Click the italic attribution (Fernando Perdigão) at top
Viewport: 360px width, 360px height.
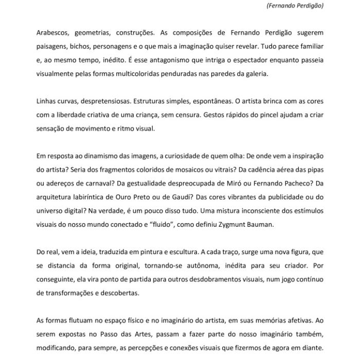coord(295,6)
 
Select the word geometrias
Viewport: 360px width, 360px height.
coord(97,32)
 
